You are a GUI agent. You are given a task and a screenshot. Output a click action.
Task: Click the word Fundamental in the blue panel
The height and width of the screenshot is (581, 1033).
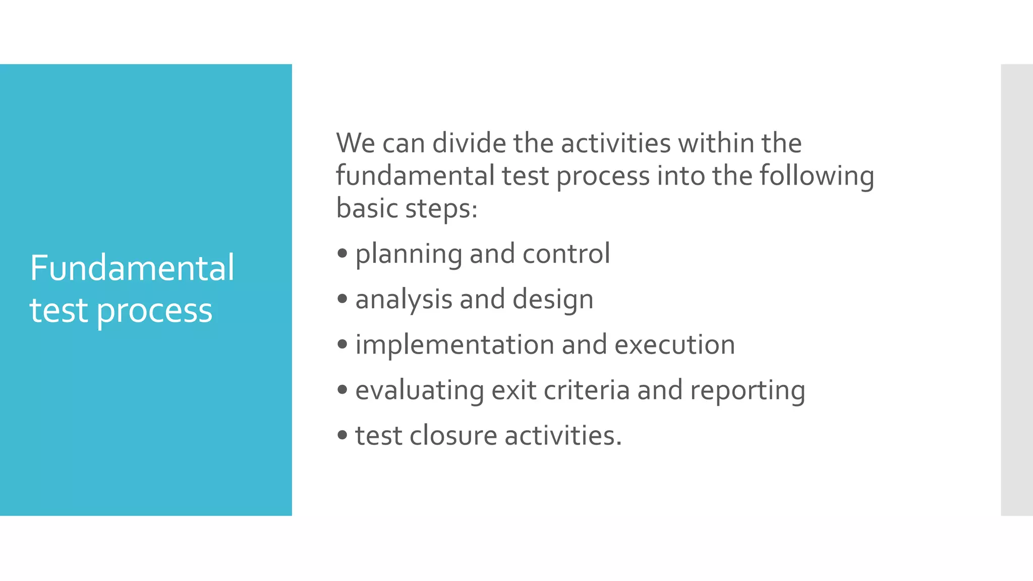132,268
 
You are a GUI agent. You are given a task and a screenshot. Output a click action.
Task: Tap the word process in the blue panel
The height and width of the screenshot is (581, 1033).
154,311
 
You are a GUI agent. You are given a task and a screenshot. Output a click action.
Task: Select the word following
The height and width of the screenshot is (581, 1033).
817,177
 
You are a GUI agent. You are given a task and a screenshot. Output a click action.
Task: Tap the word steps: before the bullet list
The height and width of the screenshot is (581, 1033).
441,209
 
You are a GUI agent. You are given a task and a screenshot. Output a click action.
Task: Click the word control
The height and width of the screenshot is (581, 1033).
566,253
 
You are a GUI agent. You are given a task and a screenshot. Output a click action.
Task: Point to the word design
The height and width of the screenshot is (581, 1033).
553,300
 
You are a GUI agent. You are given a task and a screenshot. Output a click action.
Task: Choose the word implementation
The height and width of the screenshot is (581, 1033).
454,345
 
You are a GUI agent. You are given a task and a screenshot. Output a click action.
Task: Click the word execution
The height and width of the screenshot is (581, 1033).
674,345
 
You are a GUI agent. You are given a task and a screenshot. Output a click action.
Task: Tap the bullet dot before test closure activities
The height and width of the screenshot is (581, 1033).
343,435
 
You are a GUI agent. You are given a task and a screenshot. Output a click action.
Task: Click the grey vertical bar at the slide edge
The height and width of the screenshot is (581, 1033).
1016,289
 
